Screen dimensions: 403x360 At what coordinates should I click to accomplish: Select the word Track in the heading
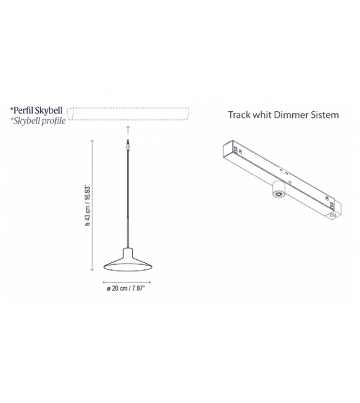(239, 115)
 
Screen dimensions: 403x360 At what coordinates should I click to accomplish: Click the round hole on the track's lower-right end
(331, 216)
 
